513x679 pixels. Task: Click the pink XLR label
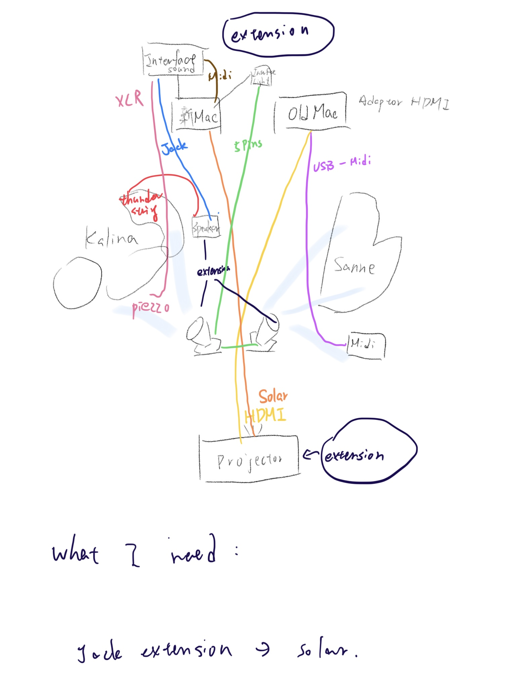click(129, 99)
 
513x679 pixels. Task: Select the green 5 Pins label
click(248, 145)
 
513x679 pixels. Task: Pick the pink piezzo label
click(150, 307)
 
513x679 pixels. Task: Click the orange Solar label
click(273, 397)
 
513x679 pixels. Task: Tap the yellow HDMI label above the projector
click(266, 416)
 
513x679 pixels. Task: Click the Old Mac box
click(312, 112)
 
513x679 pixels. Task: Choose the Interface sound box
click(173, 62)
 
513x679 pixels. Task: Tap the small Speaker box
click(206, 228)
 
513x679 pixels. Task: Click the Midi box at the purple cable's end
click(366, 345)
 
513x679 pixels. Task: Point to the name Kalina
click(111, 238)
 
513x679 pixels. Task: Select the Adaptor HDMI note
click(403, 102)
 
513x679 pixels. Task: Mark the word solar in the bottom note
click(326, 651)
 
